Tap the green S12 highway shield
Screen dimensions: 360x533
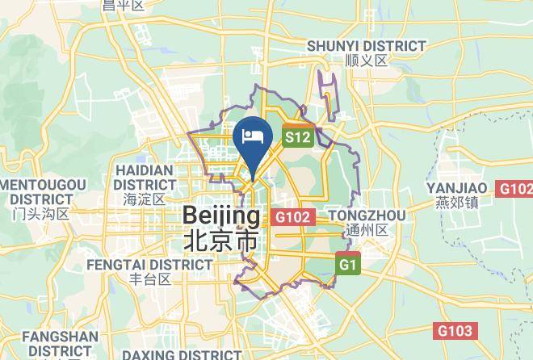296,137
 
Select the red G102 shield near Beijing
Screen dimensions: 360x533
292,217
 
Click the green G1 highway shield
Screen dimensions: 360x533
348,264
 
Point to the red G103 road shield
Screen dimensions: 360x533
455,331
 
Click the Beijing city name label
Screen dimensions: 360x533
222,216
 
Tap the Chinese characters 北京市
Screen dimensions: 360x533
221,241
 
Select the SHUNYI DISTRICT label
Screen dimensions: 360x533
366,46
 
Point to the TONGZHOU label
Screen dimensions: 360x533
367,215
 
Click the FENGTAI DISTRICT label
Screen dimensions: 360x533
138,264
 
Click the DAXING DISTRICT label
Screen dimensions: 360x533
181,354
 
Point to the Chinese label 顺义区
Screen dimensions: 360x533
366,61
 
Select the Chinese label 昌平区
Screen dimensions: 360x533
123,6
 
